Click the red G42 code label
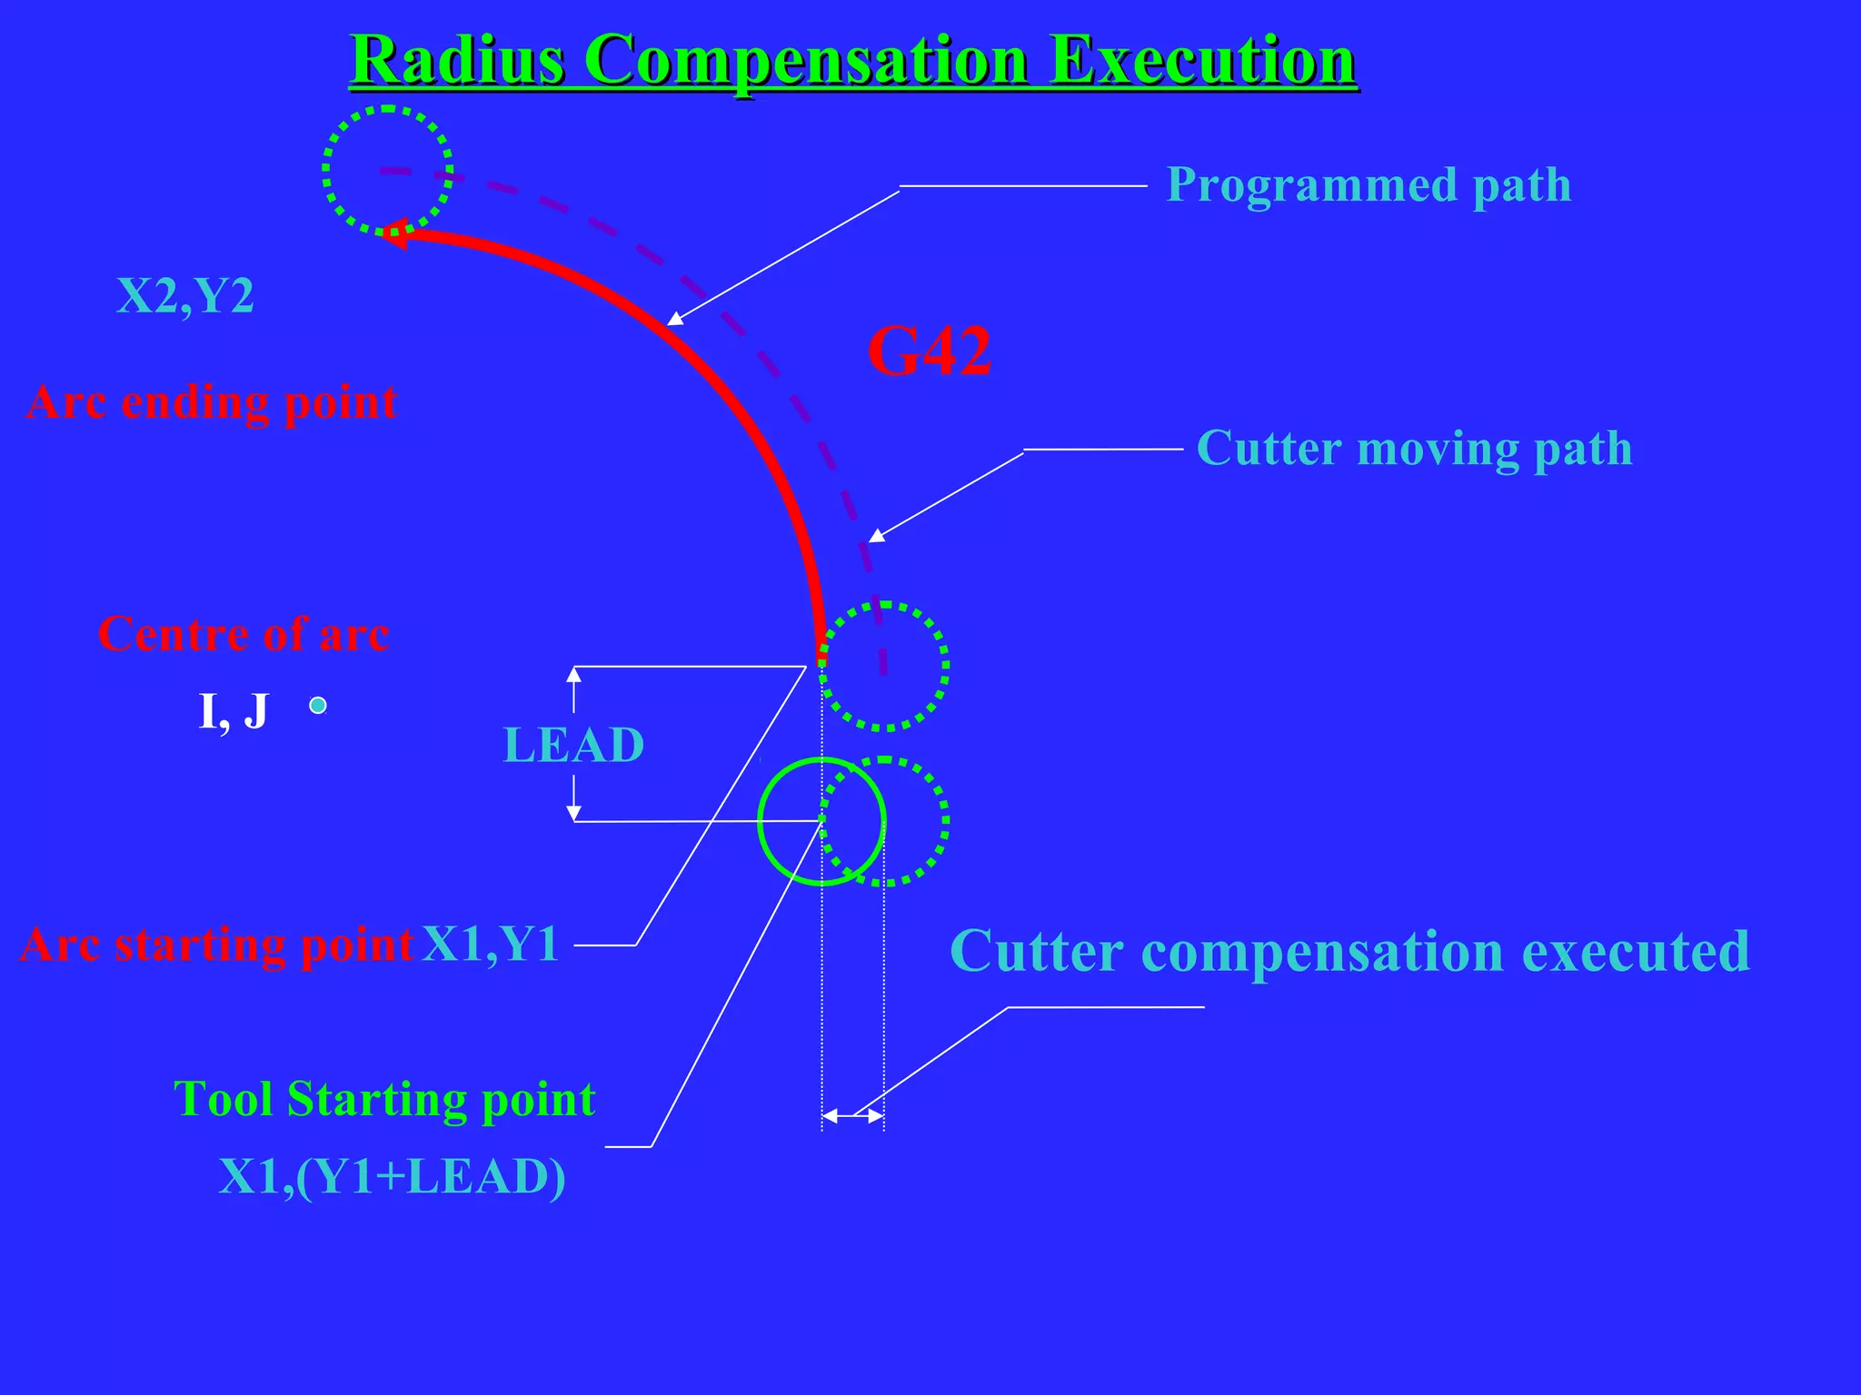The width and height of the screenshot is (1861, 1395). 929,351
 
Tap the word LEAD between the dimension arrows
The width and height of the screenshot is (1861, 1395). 573,746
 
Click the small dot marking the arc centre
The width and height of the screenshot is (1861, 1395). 317,706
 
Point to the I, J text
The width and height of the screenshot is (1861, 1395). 234,711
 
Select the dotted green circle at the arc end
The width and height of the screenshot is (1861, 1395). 388,171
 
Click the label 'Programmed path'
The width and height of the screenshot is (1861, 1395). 1368,185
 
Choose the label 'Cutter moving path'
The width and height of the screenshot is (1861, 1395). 1414,449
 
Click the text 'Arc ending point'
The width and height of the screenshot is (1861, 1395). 212,402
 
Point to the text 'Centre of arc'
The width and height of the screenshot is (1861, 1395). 244,634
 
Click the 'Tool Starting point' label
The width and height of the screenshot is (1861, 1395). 384,1100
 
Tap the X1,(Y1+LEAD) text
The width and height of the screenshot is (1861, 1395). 393,1178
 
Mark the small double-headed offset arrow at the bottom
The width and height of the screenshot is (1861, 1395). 852,1116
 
